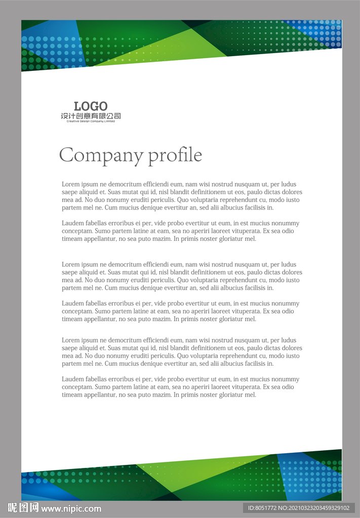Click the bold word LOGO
pos(91,106)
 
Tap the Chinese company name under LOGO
pos(91,116)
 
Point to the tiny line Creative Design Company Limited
pos(91,121)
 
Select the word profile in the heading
pos(175,155)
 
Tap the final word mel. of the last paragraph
pos(251,395)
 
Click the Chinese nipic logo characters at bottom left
pos(23,508)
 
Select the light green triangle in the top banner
pos(167,48)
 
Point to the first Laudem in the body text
pos(73,224)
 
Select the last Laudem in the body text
pos(73,379)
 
